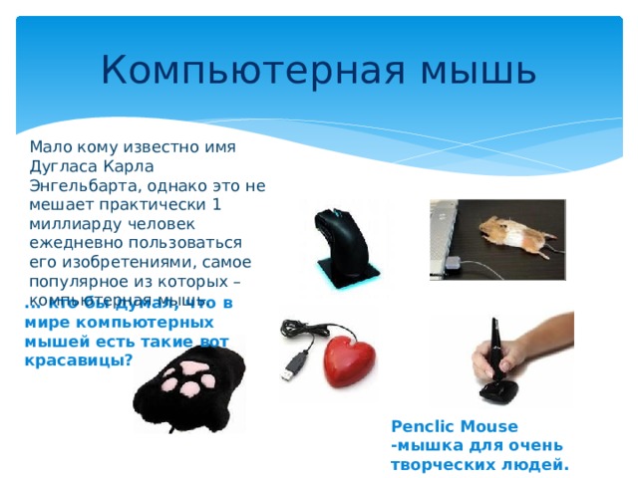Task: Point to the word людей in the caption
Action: pyautogui.click(x=541, y=463)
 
